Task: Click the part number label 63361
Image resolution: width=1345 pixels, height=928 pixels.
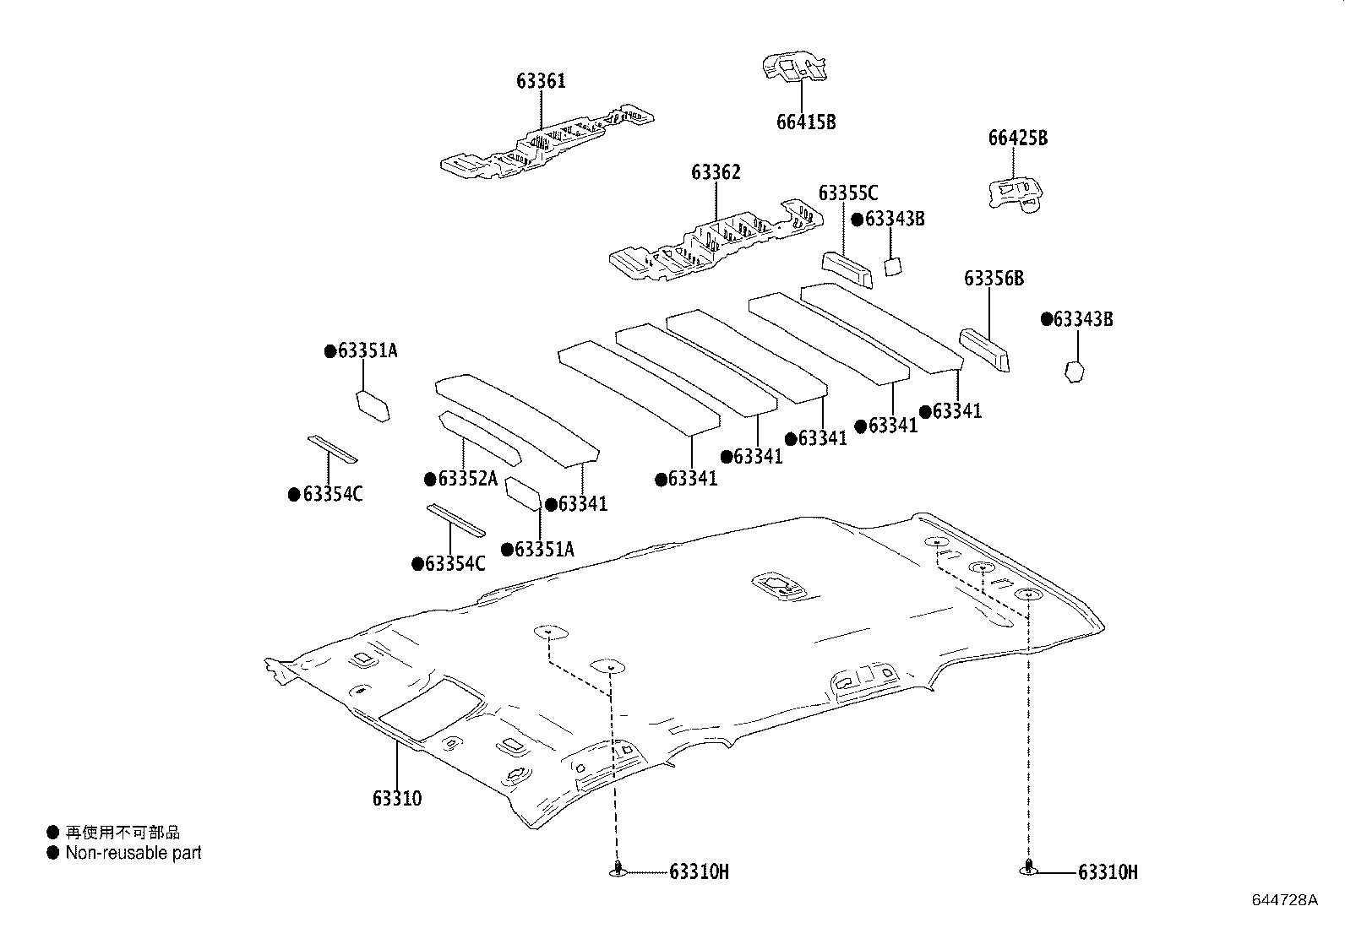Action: [x=541, y=81]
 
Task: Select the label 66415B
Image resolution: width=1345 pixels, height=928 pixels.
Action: [x=805, y=122]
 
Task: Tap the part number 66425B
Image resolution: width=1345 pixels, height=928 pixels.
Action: [x=1017, y=138]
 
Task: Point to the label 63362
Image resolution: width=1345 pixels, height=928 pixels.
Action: [x=716, y=172]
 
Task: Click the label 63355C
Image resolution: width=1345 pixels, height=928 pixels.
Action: [x=847, y=194]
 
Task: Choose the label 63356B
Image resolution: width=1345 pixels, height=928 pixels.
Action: [x=994, y=279]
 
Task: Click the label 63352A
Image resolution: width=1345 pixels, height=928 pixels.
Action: [x=467, y=479]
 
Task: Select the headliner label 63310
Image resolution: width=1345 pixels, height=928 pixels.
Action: [x=396, y=798]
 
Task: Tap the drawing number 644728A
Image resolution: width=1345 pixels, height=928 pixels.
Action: [x=1284, y=899]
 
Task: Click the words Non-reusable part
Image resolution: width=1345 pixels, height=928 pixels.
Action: [x=133, y=853]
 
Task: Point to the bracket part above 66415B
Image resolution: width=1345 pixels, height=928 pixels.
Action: [x=794, y=68]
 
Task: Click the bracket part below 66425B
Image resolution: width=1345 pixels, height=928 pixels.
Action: [x=1017, y=193]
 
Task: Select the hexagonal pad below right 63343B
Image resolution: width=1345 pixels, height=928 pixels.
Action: [x=1074, y=372]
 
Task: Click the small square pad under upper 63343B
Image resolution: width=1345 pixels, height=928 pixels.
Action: [x=893, y=267]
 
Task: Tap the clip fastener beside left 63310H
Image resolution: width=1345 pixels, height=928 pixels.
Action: [x=618, y=870]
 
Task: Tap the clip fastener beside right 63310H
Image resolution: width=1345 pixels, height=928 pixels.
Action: [x=1027, y=868]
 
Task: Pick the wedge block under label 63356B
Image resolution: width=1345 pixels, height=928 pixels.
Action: [x=984, y=349]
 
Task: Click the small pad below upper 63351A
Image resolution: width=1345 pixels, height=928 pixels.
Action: [x=373, y=404]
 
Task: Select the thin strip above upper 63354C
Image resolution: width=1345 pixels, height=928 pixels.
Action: [x=332, y=449]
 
